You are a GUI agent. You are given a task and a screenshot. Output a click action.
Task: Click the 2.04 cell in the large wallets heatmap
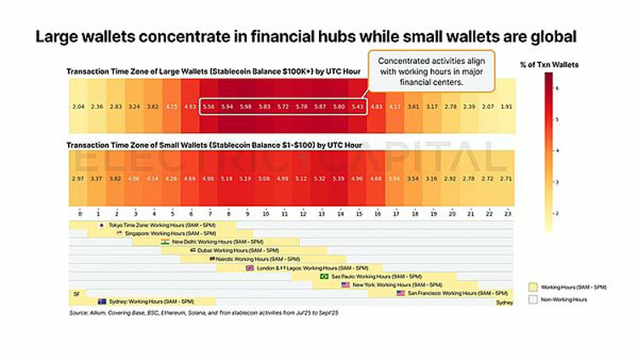click(x=78, y=106)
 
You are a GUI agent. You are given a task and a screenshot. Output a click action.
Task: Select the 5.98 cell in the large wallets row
click(x=246, y=106)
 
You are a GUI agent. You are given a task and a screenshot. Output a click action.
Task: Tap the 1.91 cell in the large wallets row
click(x=506, y=106)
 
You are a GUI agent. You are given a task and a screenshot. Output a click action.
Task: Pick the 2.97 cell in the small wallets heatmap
click(x=78, y=180)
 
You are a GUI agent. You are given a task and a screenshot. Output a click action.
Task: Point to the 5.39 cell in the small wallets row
click(x=339, y=180)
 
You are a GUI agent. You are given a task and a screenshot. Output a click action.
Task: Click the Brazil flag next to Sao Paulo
click(x=324, y=276)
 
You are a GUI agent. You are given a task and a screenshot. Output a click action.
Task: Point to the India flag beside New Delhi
click(x=165, y=242)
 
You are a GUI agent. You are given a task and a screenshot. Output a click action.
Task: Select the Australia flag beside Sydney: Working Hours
click(x=102, y=301)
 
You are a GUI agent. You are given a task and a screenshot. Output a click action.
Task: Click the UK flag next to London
click(x=249, y=267)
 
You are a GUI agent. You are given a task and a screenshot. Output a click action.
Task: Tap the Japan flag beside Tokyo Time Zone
click(x=103, y=225)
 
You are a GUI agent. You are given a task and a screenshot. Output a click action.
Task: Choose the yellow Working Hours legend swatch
click(x=534, y=287)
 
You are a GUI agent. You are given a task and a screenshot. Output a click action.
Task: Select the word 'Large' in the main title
click(x=57, y=37)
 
